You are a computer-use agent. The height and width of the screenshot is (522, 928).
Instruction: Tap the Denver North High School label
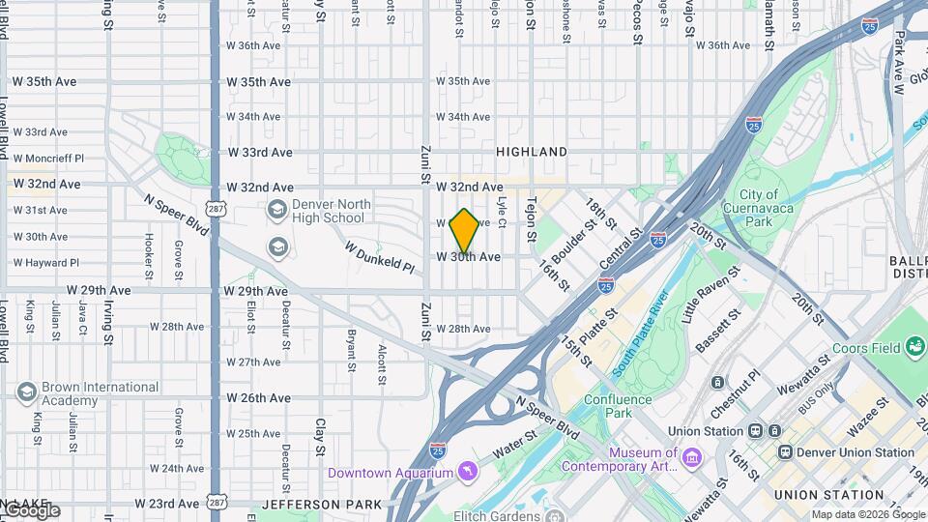pyautogui.click(x=330, y=212)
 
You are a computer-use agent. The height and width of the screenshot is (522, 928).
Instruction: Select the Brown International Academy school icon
pyautogui.click(x=26, y=392)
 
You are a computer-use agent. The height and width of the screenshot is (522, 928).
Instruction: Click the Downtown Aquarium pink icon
pyautogui.click(x=468, y=472)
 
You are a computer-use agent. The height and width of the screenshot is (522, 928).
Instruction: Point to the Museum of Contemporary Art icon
pyautogui.click(x=693, y=456)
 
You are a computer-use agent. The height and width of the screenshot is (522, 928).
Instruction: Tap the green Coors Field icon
pyautogui.click(x=914, y=347)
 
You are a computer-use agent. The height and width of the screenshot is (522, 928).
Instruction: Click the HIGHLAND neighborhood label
pyautogui.click(x=532, y=152)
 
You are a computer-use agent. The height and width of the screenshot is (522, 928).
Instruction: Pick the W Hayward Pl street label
pyautogui.click(x=46, y=262)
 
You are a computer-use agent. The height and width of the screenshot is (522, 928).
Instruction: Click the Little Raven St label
pyautogui.click(x=710, y=295)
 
